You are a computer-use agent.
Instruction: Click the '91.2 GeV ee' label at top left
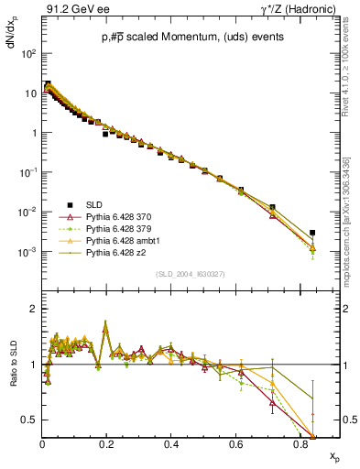pos(73,10)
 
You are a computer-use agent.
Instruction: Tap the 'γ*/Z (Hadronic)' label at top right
pos(300,10)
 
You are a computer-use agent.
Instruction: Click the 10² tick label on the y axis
pos(28,53)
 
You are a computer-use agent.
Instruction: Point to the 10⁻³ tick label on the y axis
pos(27,251)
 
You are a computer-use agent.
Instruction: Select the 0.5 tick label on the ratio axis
pos(28,420)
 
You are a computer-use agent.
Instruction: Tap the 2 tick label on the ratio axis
pos(33,309)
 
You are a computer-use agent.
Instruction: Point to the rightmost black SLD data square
pos(312,233)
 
